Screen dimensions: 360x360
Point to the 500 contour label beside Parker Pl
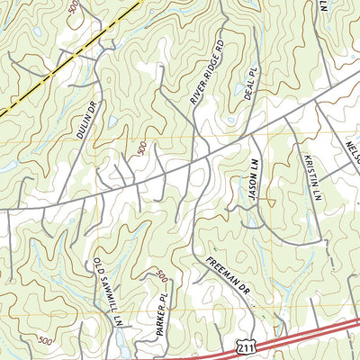pyautogui.click(x=161, y=274)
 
